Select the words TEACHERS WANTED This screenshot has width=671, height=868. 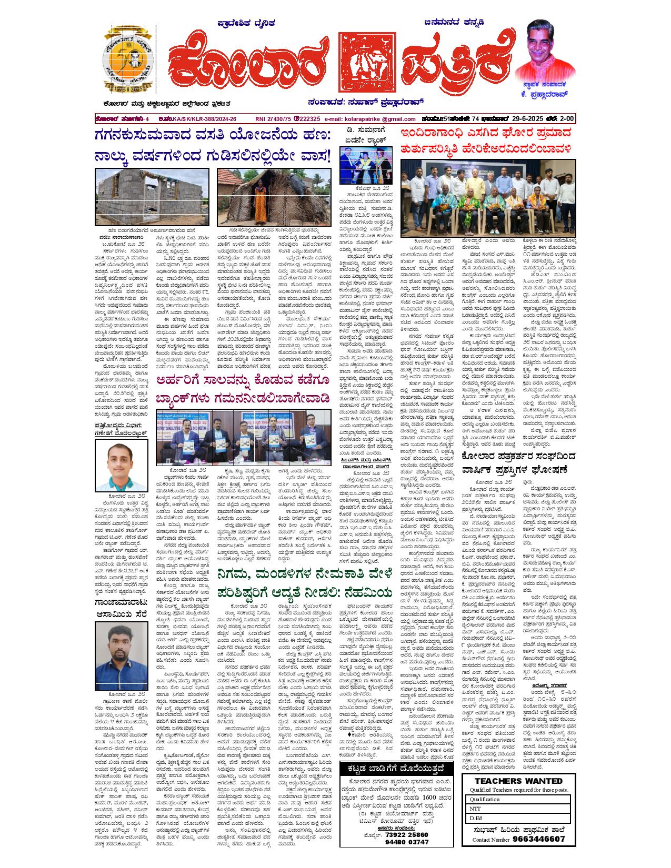tap(518, 781)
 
